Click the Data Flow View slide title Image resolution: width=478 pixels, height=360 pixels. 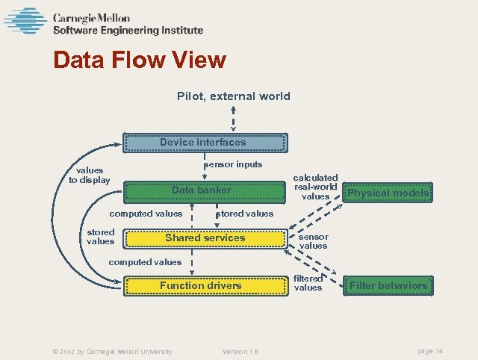coord(140,60)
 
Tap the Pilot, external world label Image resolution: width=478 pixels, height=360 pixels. coord(233,96)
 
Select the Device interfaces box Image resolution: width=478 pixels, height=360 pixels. coord(203,142)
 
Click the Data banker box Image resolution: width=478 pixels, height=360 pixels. coord(202,190)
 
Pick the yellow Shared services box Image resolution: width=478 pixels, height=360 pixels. coord(205,238)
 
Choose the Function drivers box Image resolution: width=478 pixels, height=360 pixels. coord(200,285)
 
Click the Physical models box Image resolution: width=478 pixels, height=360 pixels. coord(388,193)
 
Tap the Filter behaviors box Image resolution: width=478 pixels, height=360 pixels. coord(388,285)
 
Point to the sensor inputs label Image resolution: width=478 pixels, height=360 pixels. coord(233,164)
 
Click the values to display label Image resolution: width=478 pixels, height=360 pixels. coord(89,175)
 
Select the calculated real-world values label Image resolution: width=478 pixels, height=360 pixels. coord(315,187)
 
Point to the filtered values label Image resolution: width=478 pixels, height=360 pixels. coord(308,282)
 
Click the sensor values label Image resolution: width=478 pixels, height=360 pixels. coord(313,240)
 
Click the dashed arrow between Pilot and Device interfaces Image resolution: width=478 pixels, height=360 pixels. coord(234,119)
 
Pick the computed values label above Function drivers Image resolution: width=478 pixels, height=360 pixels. coord(145,262)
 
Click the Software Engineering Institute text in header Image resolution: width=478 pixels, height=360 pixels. coord(127,31)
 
